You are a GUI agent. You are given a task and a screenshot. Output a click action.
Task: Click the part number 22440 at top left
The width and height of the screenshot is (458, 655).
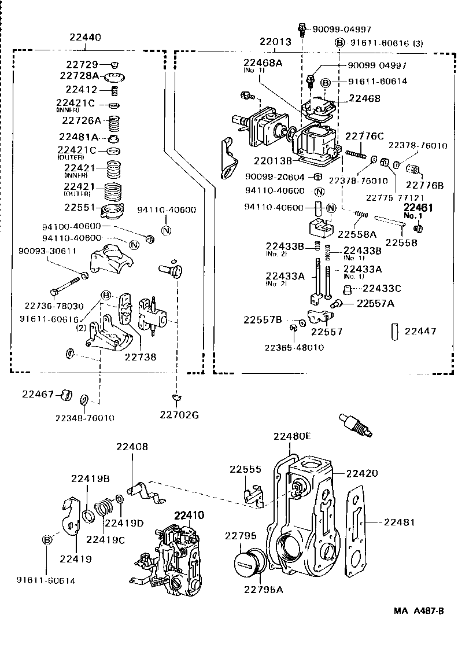coord(84,37)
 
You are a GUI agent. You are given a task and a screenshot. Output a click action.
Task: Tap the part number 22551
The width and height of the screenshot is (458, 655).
coord(80,207)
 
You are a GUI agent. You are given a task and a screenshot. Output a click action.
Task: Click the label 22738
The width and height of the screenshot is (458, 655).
coord(141,358)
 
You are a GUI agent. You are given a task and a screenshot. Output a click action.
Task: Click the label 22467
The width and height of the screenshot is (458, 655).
coord(39,394)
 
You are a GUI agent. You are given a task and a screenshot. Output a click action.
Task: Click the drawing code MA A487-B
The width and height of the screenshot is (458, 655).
coord(420,610)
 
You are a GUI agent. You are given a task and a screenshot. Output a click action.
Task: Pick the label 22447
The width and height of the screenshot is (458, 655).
coord(420,332)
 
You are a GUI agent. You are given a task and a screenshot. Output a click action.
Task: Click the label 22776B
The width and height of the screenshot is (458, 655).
coord(424,185)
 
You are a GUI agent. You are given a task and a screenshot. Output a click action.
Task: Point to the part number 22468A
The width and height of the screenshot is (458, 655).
coord(263,62)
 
